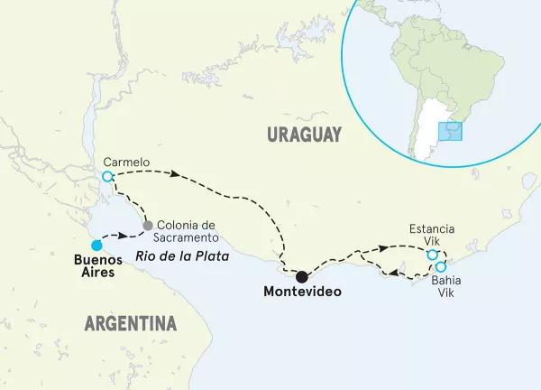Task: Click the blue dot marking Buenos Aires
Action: coord(96,244)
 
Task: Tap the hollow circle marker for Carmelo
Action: coord(107,177)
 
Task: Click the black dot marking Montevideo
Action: coord(302,276)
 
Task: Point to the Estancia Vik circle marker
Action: coord(433,255)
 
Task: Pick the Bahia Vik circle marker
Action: coord(441,267)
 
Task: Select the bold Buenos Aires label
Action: coord(93,266)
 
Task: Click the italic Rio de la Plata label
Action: coord(179,256)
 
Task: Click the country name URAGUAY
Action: coord(304,135)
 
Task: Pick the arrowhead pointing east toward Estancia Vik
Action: coord(386,247)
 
